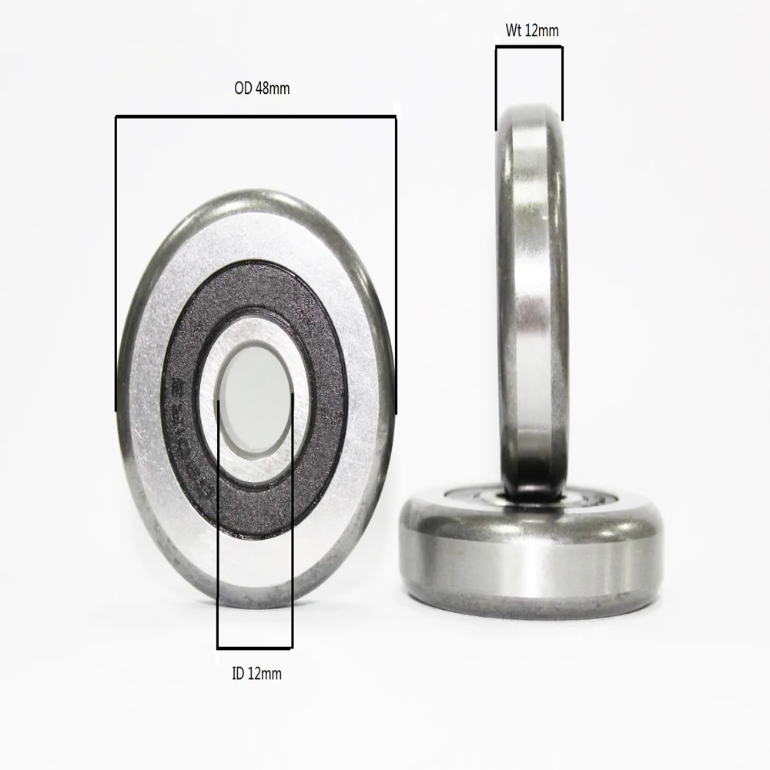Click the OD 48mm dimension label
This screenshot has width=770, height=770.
coord(262,89)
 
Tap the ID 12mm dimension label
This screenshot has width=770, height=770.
coord(256,674)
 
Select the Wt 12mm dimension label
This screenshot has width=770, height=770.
coord(532,31)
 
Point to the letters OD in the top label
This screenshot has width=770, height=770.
coord(243,89)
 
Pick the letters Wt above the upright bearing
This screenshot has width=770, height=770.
coord(514,31)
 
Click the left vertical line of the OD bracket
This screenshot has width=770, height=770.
coord(116,262)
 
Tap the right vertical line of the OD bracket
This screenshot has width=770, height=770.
coord(395,262)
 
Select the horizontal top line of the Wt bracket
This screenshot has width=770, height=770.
coord(529,47)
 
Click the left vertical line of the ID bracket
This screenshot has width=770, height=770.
coord(218,524)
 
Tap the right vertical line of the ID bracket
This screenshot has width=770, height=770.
coord(292,524)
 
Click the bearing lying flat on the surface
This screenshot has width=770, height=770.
coord(531,554)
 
